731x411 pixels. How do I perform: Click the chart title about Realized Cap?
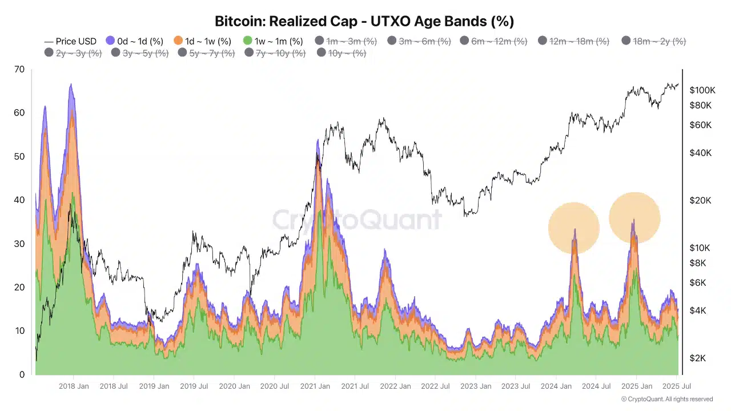click(364, 22)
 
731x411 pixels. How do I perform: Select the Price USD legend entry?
click(70, 41)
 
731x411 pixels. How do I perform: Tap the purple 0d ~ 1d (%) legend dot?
click(111, 41)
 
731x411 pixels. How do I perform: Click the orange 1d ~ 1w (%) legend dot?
click(178, 41)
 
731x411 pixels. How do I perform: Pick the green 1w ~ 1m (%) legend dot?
click(247, 41)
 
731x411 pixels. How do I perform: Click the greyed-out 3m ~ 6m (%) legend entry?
click(419, 41)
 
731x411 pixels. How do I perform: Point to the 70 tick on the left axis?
click(20, 70)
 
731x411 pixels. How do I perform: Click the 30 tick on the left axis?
click(20, 244)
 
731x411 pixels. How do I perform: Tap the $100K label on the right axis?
click(702, 90)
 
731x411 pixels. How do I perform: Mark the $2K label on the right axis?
click(700, 358)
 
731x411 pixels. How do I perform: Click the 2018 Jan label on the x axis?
click(74, 386)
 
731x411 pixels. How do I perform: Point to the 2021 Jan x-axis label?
click(315, 386)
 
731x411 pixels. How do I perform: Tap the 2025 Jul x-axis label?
click(677, 386)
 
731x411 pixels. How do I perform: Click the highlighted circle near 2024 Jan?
click(574, 228)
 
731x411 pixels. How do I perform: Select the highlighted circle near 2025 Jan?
click(634, 218)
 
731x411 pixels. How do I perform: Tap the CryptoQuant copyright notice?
click(666, 400)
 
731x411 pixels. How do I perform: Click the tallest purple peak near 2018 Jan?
click(71, 86)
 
